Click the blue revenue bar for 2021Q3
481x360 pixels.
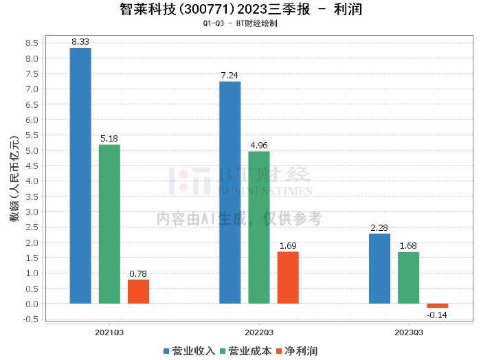pos(80,175)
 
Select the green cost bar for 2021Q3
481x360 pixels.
pos(109,224)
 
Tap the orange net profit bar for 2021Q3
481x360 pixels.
pos(138,291)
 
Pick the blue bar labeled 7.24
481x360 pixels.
pos(230,192)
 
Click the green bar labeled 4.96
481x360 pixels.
pos(259,227)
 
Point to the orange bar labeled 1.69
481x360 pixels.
pos(288,278)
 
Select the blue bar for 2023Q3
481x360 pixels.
pos(379,269)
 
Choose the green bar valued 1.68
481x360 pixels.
pos(408,278)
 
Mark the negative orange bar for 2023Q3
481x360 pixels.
pos(437,306)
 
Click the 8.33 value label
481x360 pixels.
pos(80,42)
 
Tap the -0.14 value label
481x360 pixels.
pos(437,315)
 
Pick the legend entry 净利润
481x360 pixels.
pos(297,350)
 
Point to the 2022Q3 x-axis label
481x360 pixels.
pos(259,331)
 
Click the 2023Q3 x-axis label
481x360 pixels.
pos(408,331)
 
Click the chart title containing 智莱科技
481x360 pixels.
pos(240,10)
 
